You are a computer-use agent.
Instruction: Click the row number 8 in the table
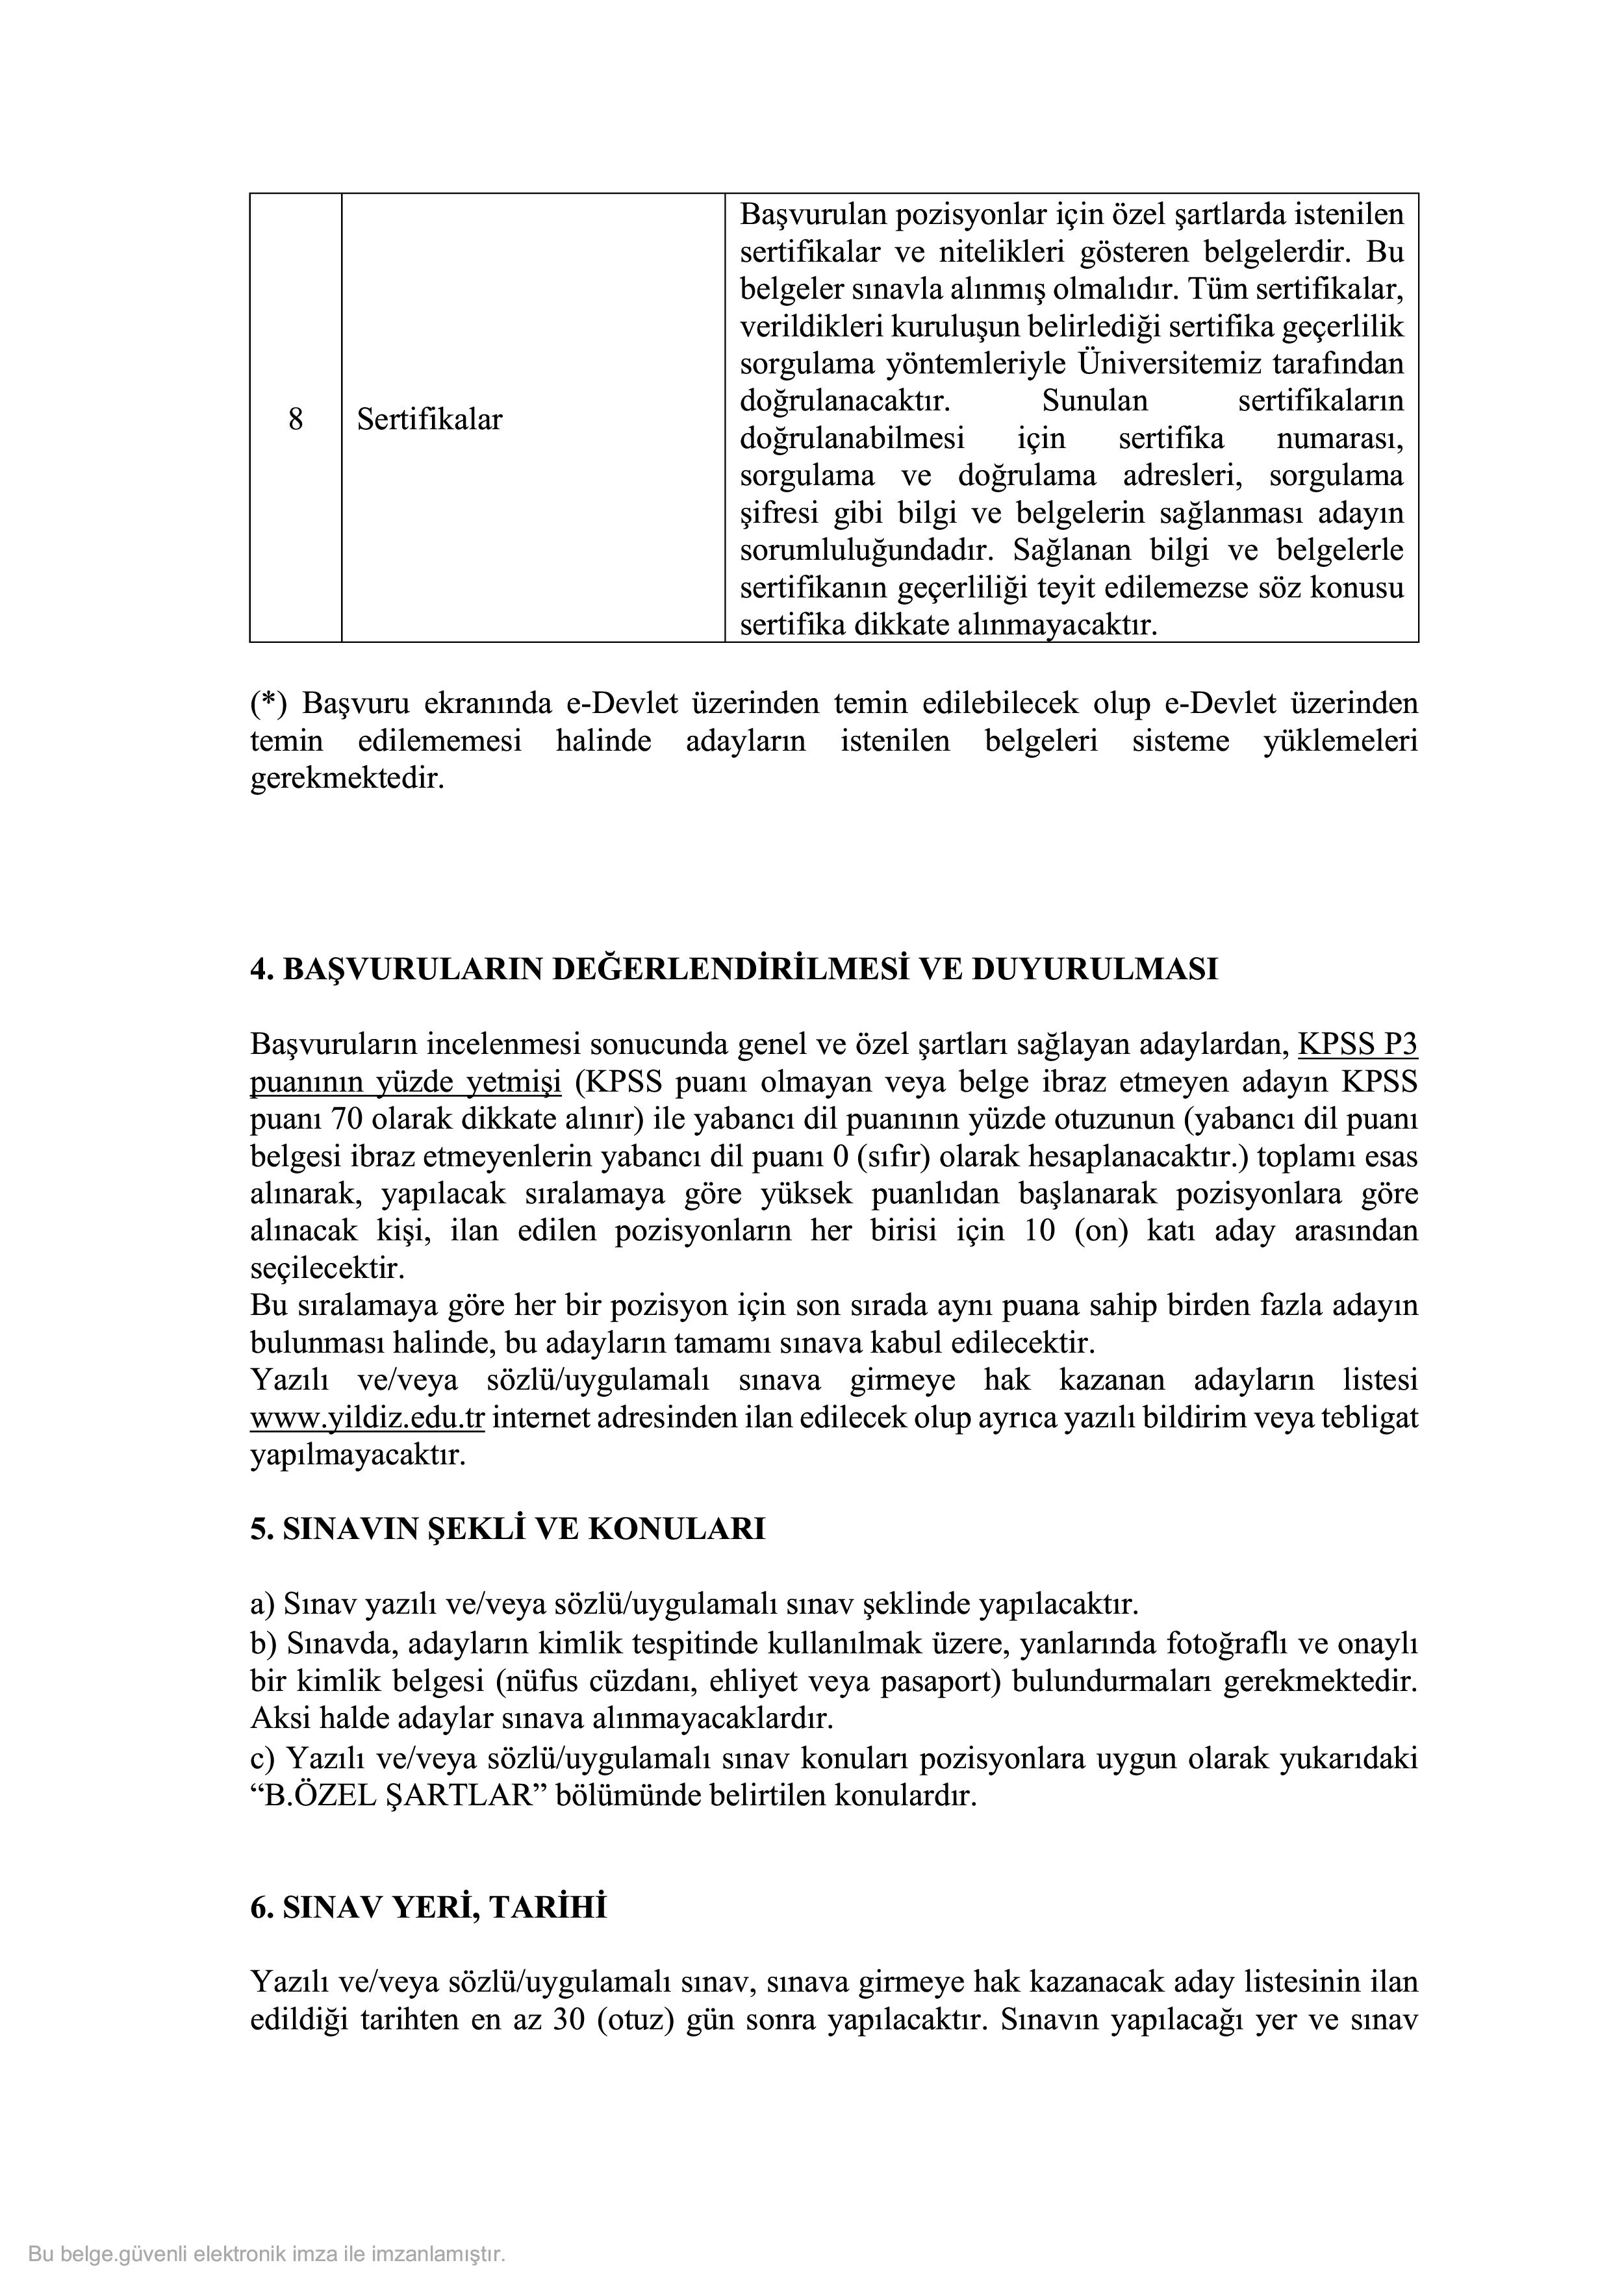pyautogui.click(x=295, y=419)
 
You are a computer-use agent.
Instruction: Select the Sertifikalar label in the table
pyautogui.click(x=429, y=419)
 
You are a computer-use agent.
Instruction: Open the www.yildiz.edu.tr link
pyautogui.click(x=366, y=1418)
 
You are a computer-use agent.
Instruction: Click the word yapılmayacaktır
pyautogui.click(x=357, y=1455)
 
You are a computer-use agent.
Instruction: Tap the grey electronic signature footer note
pyautogui.click(x=267, y=2253)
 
